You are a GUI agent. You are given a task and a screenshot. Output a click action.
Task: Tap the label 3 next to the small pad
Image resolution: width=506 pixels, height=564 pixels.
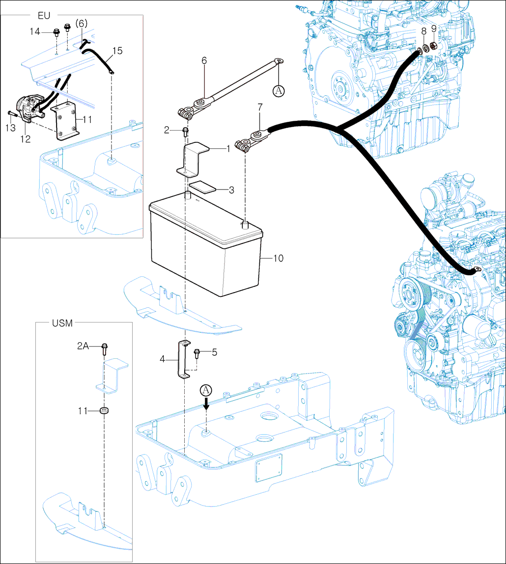coord(231,190)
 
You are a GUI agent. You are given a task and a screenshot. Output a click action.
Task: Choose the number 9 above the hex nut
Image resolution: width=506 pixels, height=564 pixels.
coord(434,28)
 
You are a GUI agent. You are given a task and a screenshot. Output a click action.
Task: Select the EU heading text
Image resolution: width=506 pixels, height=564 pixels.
coord(44,15)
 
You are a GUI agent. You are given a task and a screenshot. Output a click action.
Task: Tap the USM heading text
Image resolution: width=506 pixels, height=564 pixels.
coord(62,323)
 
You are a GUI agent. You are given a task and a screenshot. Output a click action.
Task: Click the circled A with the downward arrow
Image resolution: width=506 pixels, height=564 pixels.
coord(207,390)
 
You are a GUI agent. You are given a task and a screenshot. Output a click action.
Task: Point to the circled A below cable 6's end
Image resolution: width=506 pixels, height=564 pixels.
coord(279,90)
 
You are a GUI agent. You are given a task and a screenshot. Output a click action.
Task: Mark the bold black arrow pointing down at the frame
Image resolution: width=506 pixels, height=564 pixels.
coord(207,404)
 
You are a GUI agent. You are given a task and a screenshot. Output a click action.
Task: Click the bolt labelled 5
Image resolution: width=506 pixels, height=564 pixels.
coord(197,353)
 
